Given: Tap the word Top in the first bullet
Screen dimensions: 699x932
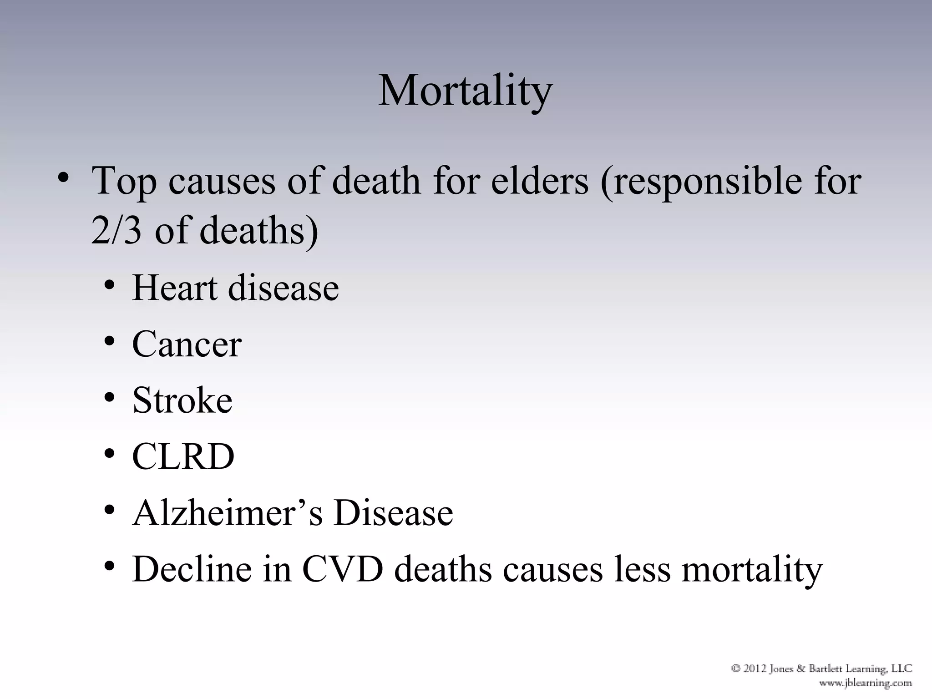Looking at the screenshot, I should coord(124,182).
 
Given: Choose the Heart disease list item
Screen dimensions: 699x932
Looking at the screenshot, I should coord(235,288).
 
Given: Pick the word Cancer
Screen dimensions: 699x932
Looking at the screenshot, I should coord(187,344).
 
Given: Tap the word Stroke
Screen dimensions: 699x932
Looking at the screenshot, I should coord(182,400).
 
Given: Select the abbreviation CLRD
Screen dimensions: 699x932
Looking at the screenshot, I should coord(183,456).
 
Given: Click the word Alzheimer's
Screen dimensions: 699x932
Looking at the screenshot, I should coord(227,512).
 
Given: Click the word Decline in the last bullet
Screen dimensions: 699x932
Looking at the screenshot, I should coord(192,569).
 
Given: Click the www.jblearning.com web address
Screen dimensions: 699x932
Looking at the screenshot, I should coord(865,683).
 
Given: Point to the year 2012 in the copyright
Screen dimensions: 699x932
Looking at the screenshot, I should coord(756,669).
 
